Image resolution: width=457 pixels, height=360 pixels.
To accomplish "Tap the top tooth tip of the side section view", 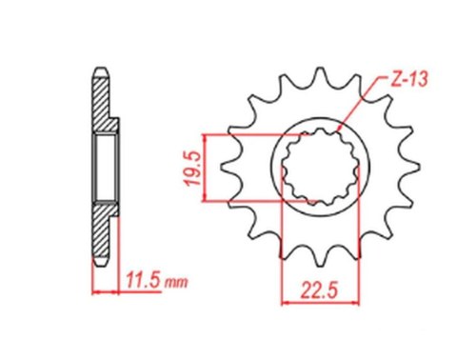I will click(99, 70).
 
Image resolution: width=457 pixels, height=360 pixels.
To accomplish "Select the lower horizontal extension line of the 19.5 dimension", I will click(257, 201).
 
